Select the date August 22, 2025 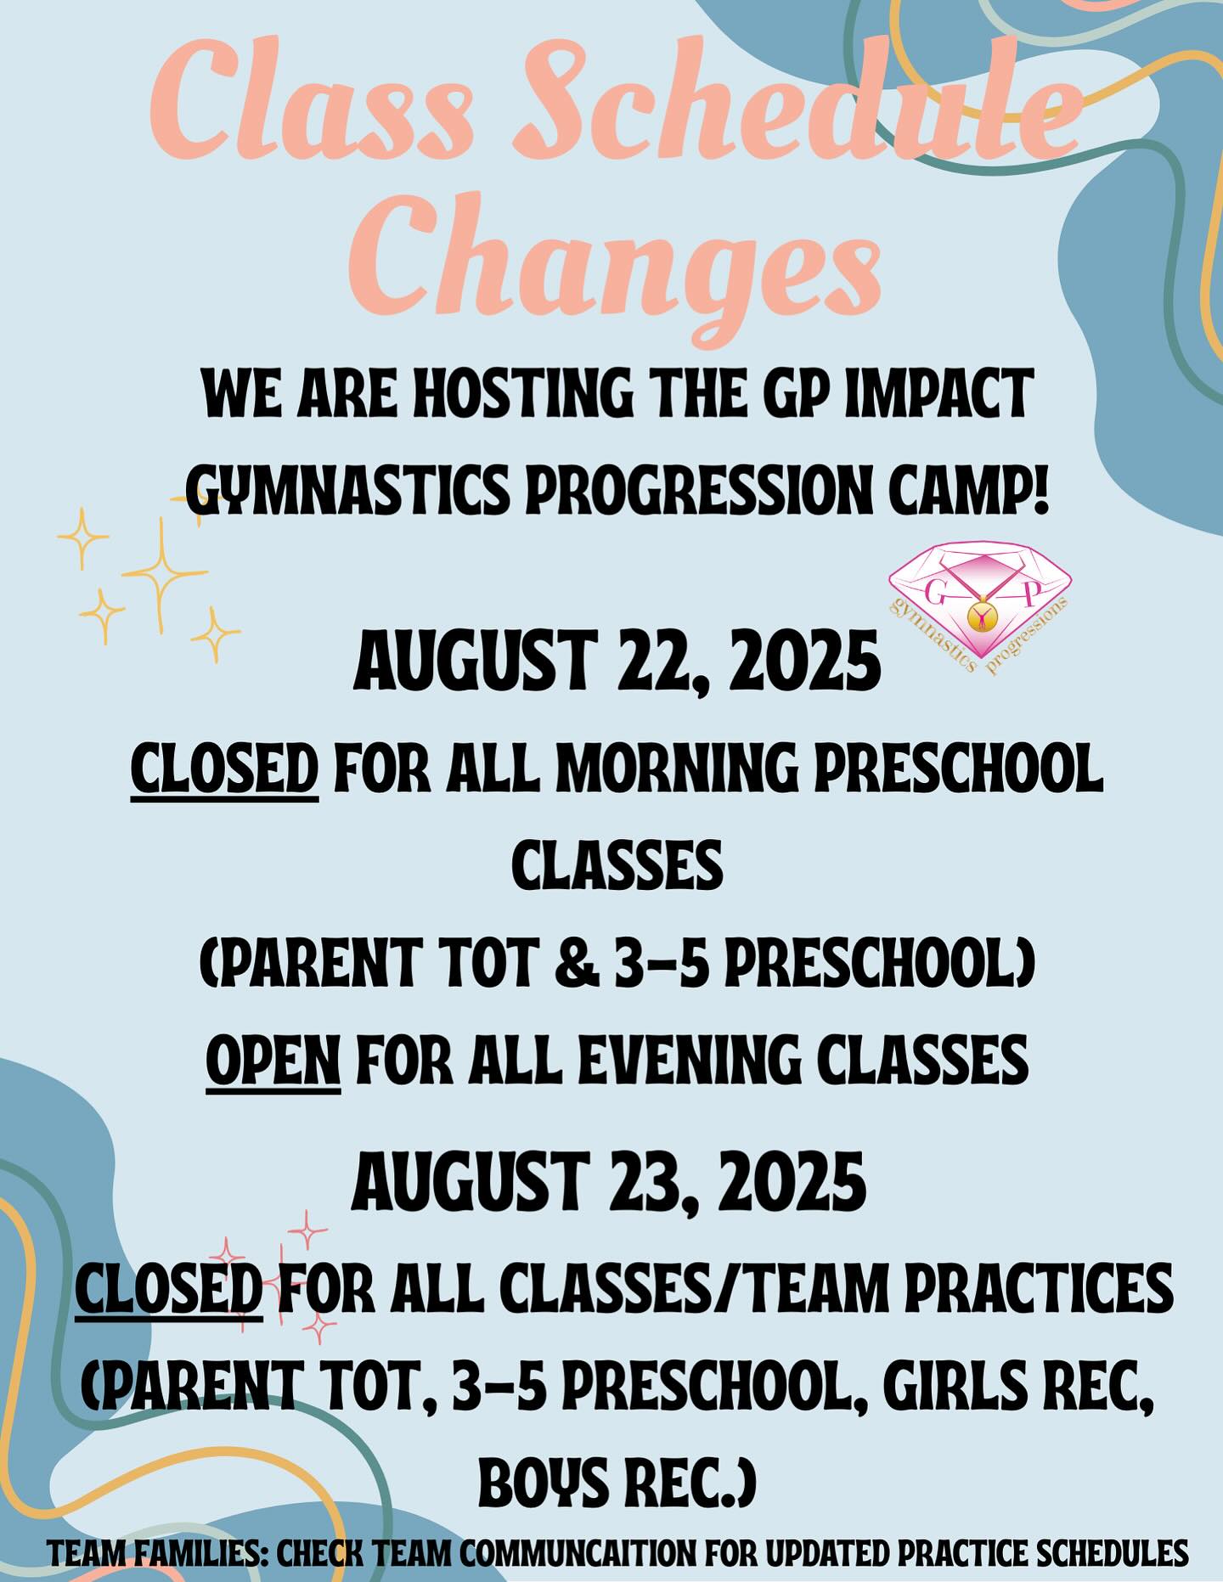pyautogui.click(x=617, y=664)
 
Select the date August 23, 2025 pyautogui.click(x=609, y=1183)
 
